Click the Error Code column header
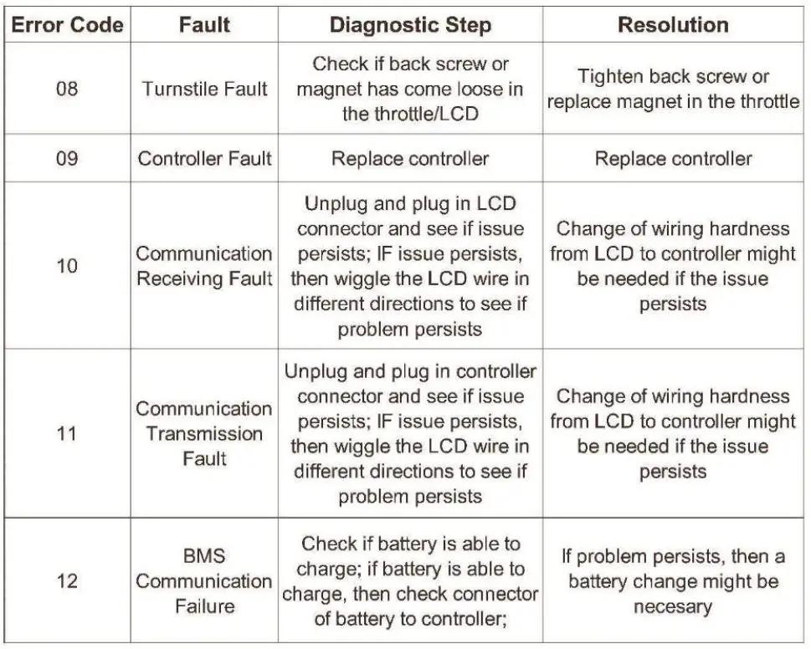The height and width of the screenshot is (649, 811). [67, 24]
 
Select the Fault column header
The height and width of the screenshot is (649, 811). [204, 24]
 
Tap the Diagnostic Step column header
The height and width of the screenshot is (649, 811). [410, 24]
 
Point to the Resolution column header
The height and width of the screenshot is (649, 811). [673, 24]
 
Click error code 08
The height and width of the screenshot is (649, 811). [67, 88]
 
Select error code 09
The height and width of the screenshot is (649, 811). [67, 158]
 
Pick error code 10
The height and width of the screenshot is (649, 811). [67, 266]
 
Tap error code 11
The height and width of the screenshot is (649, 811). [67, 433]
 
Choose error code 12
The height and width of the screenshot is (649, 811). [67, 580]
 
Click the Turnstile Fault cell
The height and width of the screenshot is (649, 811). [204, 88]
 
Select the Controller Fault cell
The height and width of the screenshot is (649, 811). [204, 158]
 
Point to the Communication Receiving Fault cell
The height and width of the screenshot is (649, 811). [204, 266]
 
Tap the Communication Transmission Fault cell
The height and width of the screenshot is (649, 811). [204, 433]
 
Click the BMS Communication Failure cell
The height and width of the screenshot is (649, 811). [204, 580]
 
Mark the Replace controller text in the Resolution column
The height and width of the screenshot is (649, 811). [673, 158]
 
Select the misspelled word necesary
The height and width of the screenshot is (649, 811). [673, 606]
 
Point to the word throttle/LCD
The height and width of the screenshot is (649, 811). [410, 114]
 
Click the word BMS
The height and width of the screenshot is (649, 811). [204, 555]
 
